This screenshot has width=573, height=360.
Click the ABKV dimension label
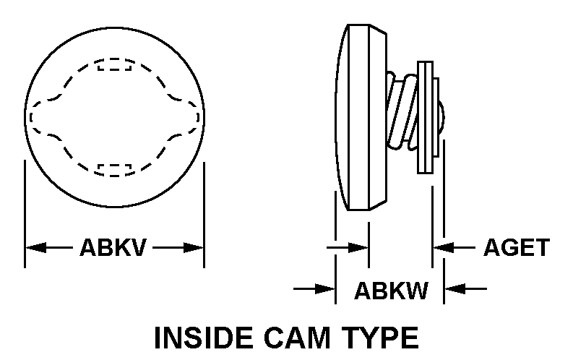tap(113, 248)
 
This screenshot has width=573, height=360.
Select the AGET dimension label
tap(516, 248)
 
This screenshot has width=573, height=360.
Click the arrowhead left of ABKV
tap(35, 248)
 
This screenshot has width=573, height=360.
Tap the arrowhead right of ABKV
tap(194, 248)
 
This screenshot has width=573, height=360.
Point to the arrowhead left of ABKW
tap(326, 289)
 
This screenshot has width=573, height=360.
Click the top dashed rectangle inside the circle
tap(115, 65)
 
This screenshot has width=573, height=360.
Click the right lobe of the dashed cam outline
tap(189, 116)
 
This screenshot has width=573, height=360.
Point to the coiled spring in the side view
tap(402, 108)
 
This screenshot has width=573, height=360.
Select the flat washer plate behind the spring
tap(425, 116)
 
